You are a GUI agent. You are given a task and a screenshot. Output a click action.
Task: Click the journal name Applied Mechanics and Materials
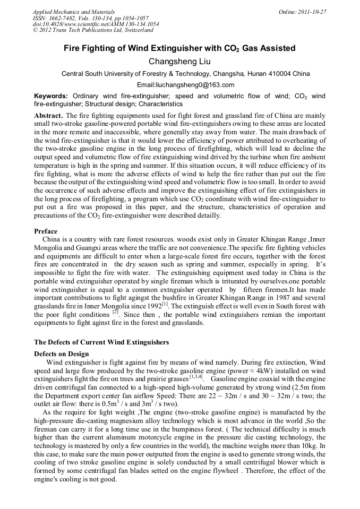point(73,11)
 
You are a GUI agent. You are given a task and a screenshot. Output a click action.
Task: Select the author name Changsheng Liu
point(179,62)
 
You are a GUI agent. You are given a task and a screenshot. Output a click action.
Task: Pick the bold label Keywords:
point(50,96)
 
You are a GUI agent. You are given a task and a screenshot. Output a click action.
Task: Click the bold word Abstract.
point(48,115)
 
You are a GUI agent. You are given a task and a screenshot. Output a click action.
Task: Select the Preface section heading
point(46,231)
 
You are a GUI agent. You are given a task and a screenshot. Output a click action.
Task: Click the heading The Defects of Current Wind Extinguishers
point(101,342)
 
